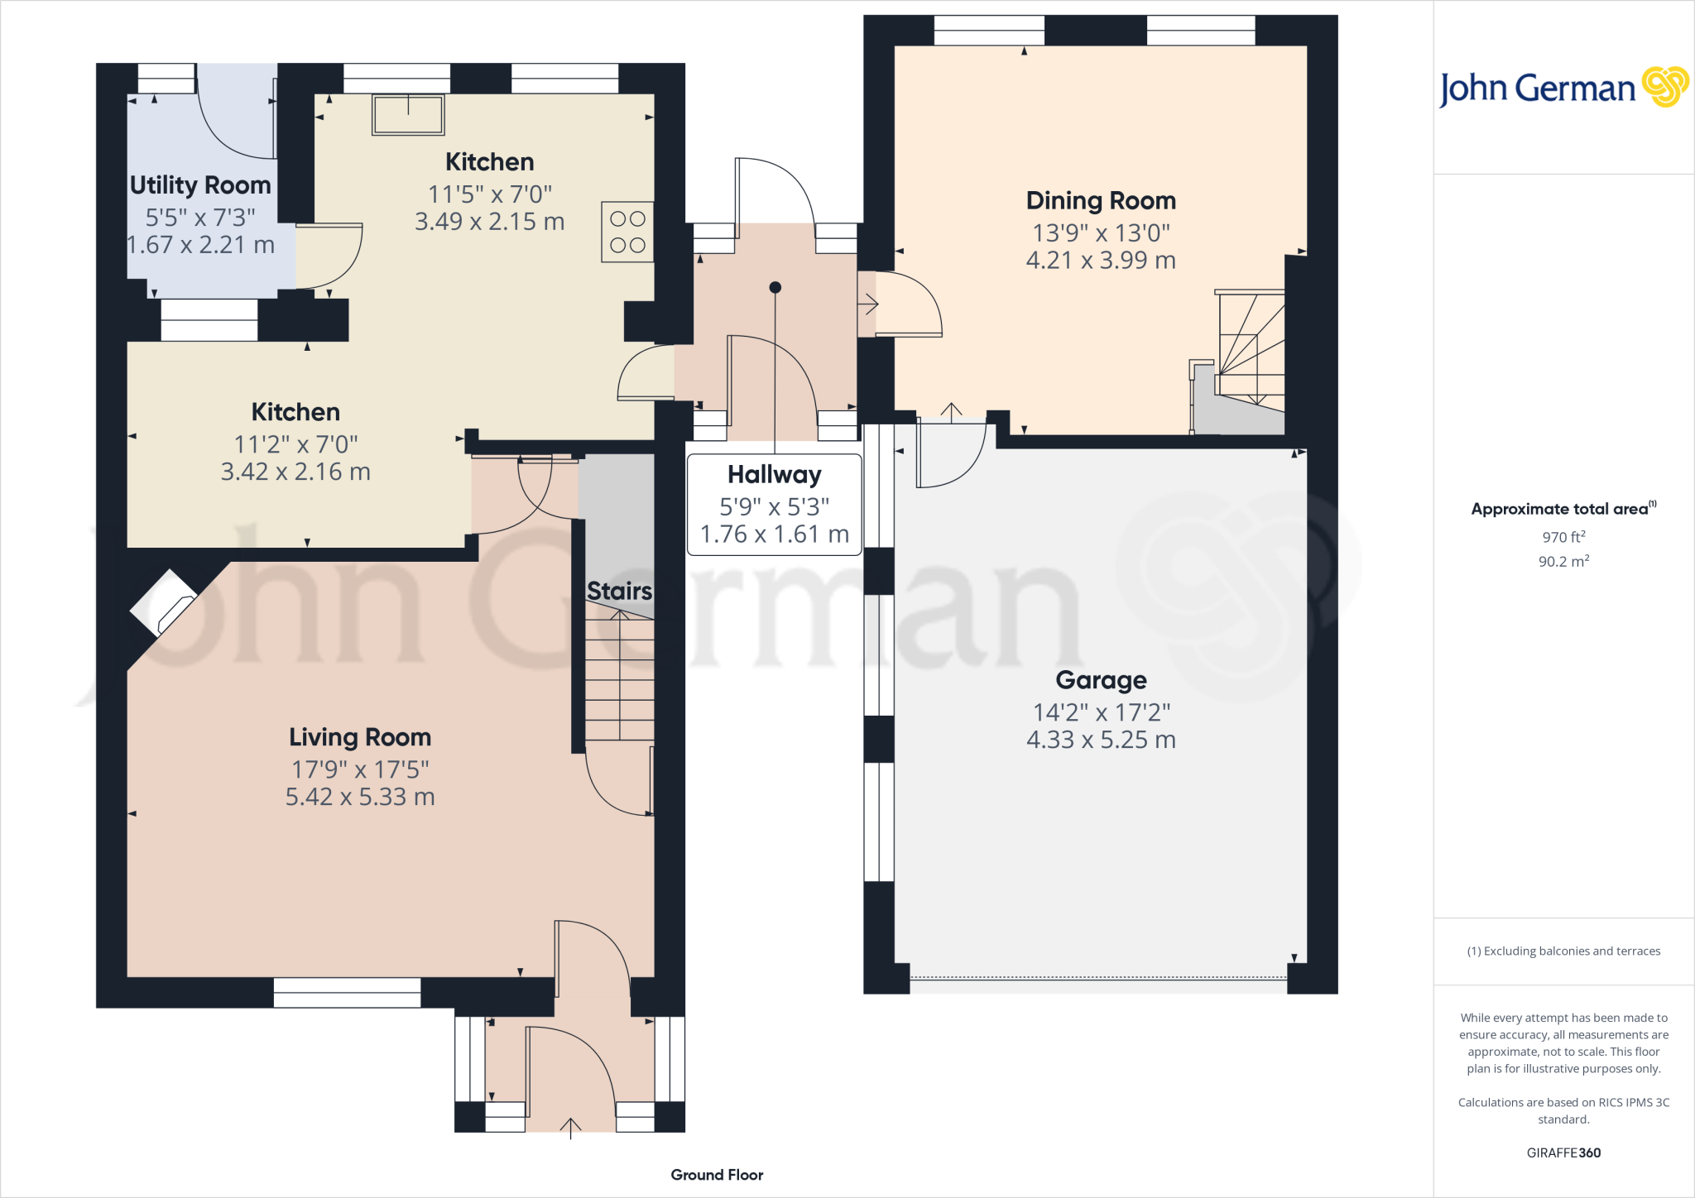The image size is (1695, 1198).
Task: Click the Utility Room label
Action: click(200, 185)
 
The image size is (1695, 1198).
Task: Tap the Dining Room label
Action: click(1101, 201)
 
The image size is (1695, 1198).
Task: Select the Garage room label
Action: click(1101, 680)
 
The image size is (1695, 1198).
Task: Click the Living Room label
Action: click(360, 737)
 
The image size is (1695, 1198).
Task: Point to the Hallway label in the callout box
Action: click(775, 475)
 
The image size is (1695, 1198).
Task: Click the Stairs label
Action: click(619, 592)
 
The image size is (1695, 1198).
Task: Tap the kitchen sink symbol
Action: click(408, 114)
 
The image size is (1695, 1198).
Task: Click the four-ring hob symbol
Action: click(627, 232)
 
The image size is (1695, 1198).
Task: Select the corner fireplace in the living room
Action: click(164, 603)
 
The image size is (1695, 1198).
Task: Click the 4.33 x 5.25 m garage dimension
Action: click(1101, 740)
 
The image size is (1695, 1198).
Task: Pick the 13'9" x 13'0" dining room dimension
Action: click(1101, 233)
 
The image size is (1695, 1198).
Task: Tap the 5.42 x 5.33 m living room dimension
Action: click(360, 797)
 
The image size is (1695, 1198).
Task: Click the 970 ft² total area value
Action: click(1563, 537)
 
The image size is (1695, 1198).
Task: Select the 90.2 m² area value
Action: click(1563, 562)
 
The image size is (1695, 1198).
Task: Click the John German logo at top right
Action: click(1563, 88)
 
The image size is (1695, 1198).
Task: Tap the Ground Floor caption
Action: click(717, 1175)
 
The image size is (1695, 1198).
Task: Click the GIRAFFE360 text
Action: click(1563, 1152)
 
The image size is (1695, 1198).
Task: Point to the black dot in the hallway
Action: click(775, 288)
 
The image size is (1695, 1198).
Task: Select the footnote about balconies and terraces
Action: click(1563, 951)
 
